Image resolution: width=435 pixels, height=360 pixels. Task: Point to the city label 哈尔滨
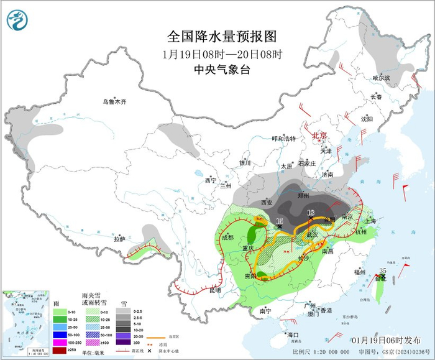coord(381,78)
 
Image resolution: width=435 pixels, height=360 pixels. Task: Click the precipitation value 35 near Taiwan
coord(383,270)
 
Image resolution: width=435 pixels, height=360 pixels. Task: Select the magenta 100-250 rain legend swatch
coord(58,340)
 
